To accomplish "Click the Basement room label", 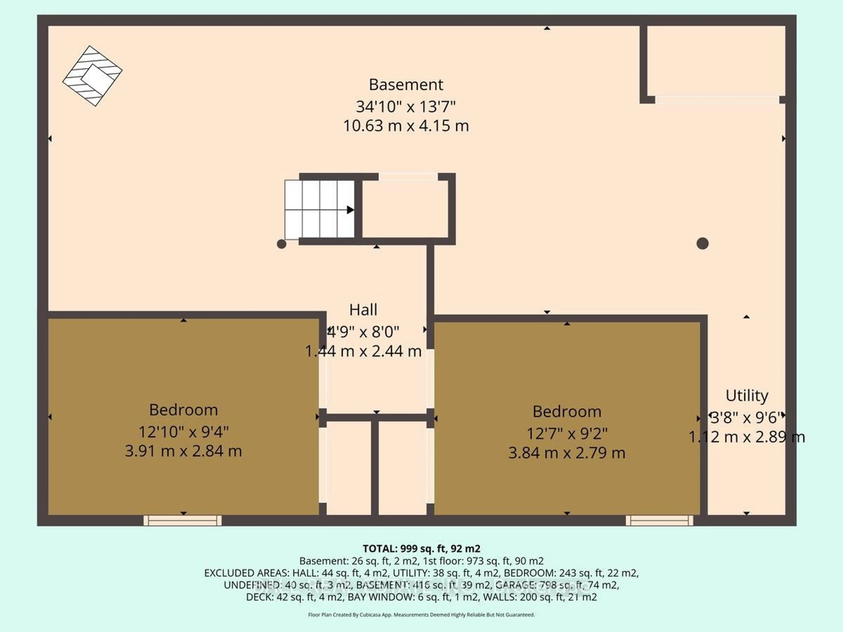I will click(x=406, y=84).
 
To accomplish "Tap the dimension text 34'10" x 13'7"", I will click(x=406, y=107).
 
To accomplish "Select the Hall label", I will click(x=363, y=310).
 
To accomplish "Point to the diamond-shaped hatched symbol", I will click(x=92, y=76).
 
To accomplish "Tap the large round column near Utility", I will click(x=702, y=243).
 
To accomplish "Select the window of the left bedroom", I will click(x=183, y=520).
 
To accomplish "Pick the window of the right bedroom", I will click(x=659, y=520).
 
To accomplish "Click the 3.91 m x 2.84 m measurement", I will click(x=183, y=451).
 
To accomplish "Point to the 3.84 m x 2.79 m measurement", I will click(x=567, y=453).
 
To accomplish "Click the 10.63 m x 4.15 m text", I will click(x=406, y=126).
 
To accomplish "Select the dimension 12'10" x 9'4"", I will click(x=183, y=432).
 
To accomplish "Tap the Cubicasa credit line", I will click(x=421, y=614).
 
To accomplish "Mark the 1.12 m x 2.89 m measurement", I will click(x=747, y=437).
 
